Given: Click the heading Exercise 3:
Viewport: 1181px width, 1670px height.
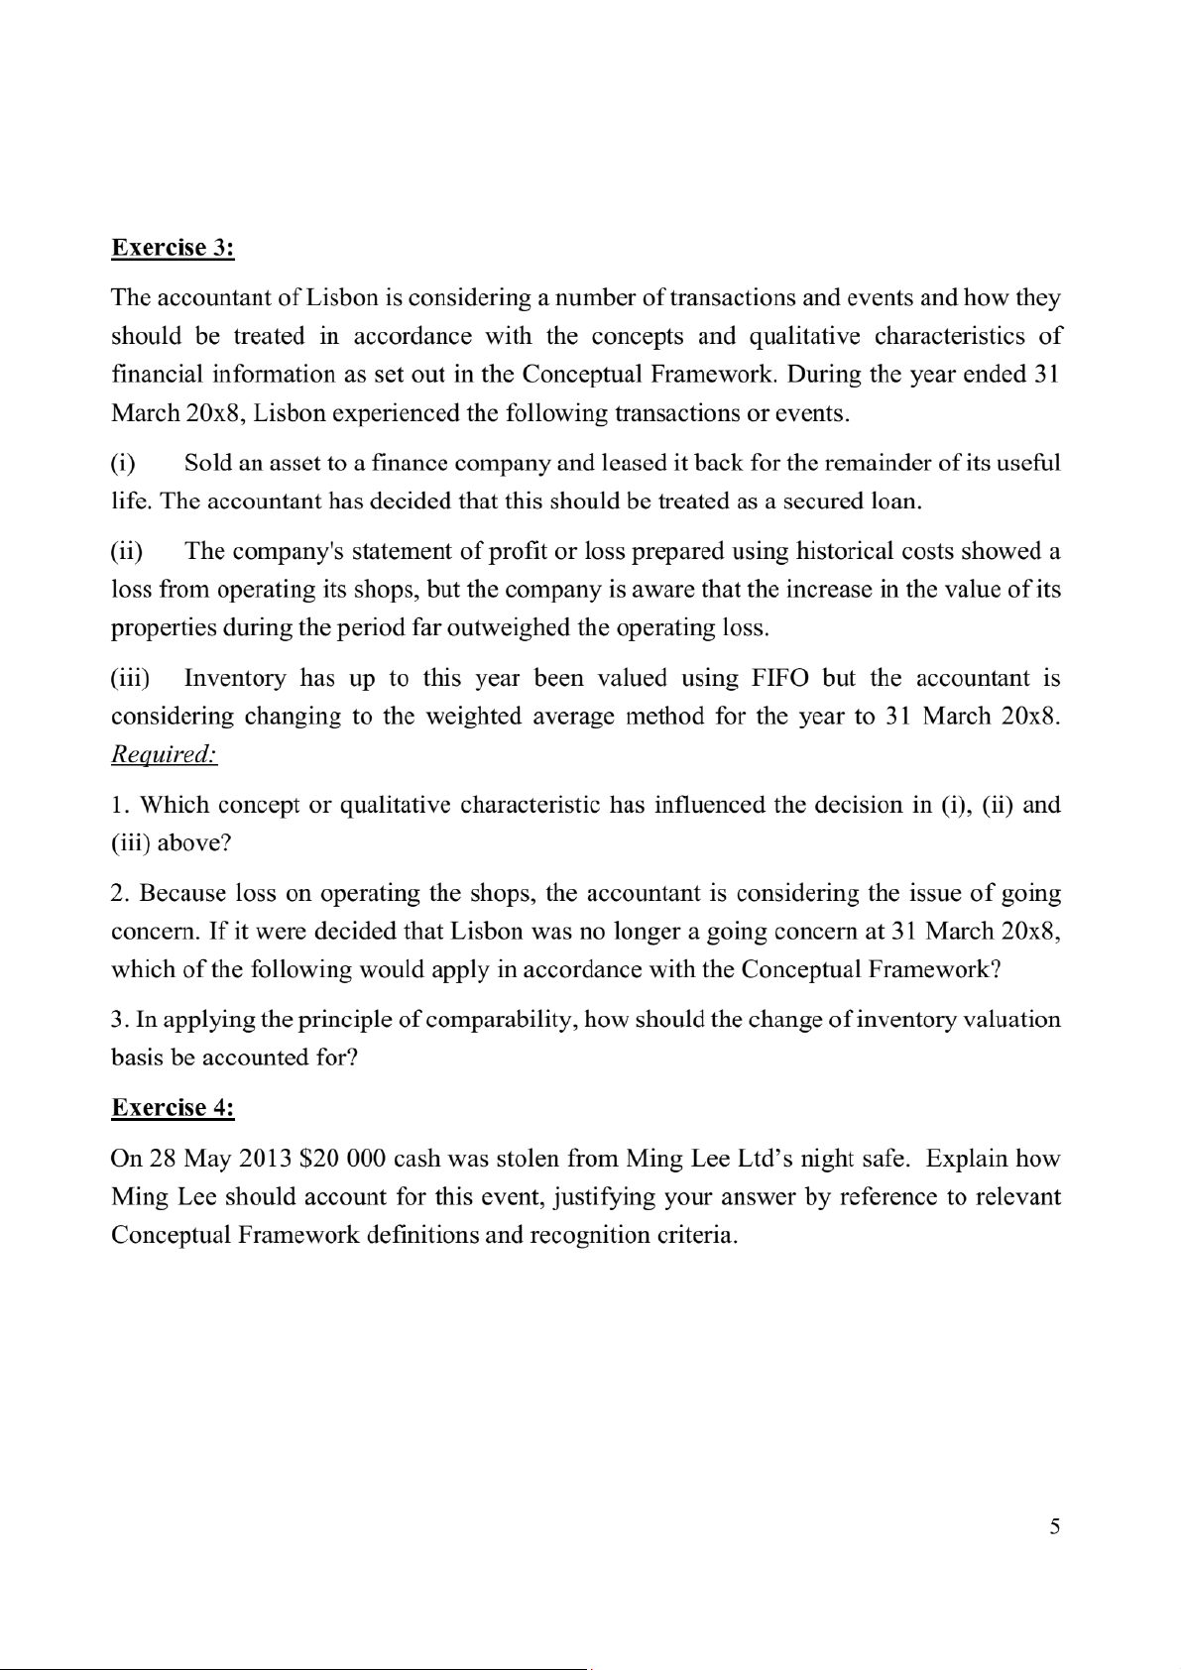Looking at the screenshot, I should (x=173, y=248).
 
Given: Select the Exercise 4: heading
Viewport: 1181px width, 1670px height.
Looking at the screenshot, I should (x=173, y=1107).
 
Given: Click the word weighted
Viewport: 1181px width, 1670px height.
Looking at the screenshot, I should (x=472, y=716).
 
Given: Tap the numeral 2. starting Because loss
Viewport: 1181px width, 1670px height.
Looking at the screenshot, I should (x=121, y=893).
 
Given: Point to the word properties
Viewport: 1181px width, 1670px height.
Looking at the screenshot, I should (x=163, y=628).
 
